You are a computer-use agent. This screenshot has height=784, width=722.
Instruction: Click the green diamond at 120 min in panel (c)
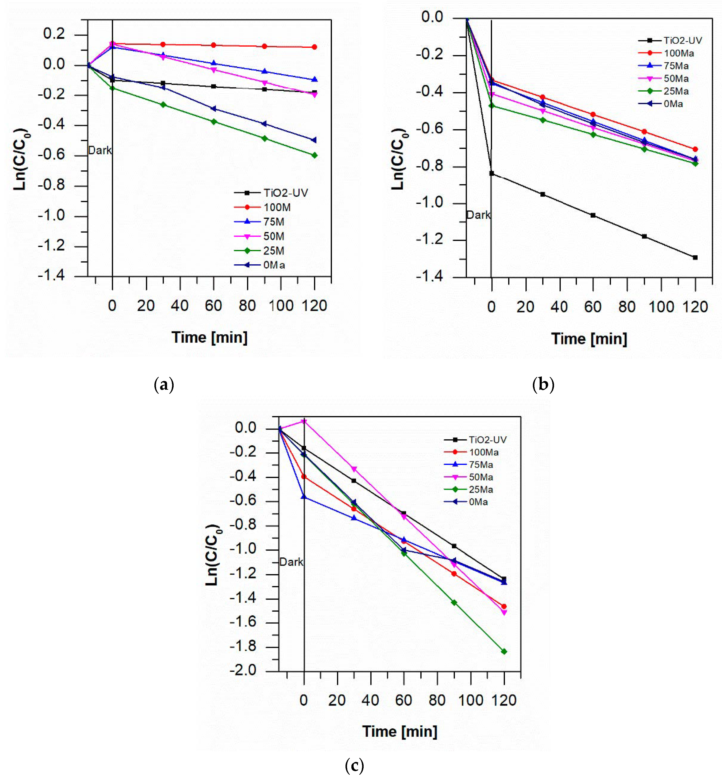(504, 651)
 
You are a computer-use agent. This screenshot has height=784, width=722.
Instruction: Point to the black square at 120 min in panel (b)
(695, 258)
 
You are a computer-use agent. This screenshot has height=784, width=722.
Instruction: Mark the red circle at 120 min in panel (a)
(314, 47)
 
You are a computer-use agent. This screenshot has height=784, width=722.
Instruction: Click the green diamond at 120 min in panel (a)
(314, 155)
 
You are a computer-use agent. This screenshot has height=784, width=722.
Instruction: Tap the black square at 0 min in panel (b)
(492, 173)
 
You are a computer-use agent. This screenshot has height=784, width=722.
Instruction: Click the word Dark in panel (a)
(100, 150)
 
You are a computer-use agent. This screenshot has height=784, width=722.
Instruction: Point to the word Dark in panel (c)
(291, 562)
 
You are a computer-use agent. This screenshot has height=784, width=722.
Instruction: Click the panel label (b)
(543, 385)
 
